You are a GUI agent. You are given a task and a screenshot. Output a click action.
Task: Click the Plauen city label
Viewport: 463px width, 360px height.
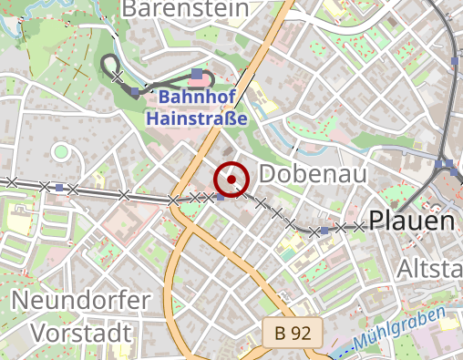point(411,221)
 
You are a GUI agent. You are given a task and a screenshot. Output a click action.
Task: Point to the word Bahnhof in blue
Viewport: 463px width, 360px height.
point(191,98)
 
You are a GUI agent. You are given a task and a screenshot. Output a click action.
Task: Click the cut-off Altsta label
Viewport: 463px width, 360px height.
point(429,268)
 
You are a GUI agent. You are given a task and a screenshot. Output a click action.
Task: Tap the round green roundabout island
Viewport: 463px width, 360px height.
point(61,151)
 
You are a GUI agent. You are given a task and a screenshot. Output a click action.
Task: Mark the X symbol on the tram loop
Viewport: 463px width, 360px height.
point(118,78)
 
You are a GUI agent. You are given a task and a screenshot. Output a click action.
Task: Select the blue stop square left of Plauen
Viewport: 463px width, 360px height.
point(325,231)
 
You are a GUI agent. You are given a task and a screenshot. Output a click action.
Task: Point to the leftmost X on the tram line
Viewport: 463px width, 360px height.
point(12,182)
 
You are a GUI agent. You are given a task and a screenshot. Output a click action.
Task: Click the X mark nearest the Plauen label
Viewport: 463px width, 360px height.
point(359,226)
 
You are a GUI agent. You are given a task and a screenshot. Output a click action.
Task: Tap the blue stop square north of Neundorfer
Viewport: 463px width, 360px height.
point(59,188)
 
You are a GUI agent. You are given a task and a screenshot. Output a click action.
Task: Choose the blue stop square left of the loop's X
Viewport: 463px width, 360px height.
point(135,91)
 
